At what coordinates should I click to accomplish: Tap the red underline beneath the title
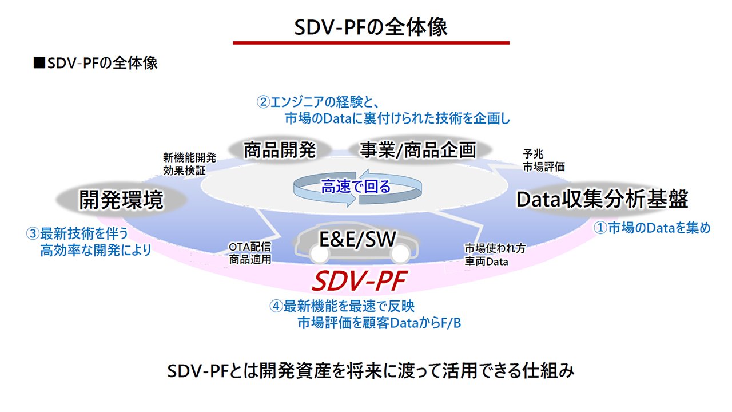click(371, 43)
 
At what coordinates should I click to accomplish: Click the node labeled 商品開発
click(280, 150)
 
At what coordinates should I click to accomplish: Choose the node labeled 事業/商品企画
click(418, 150)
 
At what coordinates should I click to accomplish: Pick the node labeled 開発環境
click(121, 200)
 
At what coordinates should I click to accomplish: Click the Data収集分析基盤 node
click(602, 200)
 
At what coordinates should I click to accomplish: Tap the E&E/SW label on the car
click(357, 239)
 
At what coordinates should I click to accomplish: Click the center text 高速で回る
click(356, 187)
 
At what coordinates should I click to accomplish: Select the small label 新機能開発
click(182, 157)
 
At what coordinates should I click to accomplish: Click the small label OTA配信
click(249, 247)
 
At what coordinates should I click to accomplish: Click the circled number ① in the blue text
click(600, 228)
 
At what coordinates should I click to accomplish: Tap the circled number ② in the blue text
click(262, 103)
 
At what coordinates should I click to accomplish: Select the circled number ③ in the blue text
click(32, 234)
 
